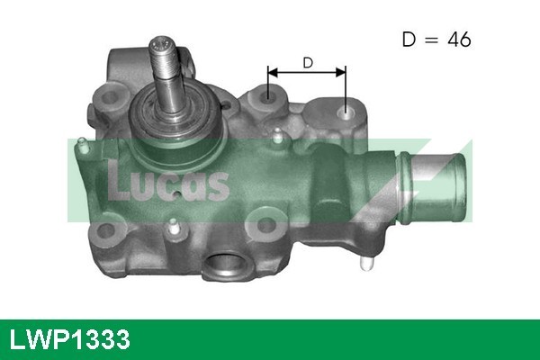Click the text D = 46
click(436, 40)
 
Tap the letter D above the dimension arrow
click(307, 62)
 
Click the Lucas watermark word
click(168, 183)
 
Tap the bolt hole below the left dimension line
click(267, 93)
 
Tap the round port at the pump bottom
click(224, 265)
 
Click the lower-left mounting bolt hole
click(107, 232)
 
